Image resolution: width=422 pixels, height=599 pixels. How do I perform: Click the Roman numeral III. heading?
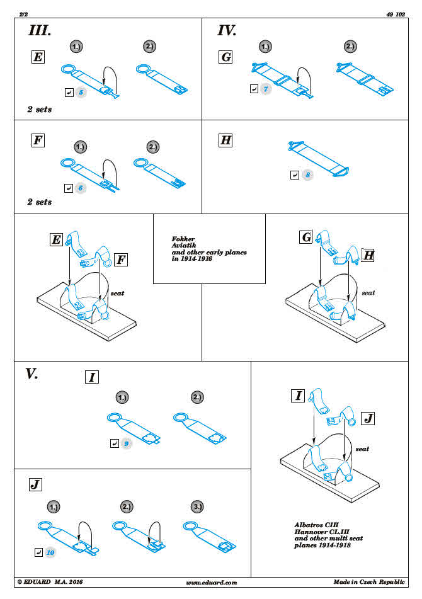40,31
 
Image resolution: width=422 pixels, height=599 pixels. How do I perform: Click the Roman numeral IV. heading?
227,31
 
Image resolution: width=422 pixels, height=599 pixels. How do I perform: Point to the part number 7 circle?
266,89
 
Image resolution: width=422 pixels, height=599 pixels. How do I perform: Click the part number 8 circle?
307,174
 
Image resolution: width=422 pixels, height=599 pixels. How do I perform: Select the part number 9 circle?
127,443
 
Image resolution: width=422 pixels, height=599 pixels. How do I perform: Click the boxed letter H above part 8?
225,140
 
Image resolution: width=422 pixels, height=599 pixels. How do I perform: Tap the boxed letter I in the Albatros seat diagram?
299,396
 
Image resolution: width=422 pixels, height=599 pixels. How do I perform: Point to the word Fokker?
183,239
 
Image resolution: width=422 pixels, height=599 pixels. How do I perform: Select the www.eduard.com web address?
212,583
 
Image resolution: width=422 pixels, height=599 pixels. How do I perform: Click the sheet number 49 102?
395,13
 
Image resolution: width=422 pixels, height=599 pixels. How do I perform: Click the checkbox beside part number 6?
69,187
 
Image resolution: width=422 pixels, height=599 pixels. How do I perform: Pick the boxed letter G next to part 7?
225,58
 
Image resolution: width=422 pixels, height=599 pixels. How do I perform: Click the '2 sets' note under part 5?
40,110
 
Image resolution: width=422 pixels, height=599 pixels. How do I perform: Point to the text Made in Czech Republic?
370,583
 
